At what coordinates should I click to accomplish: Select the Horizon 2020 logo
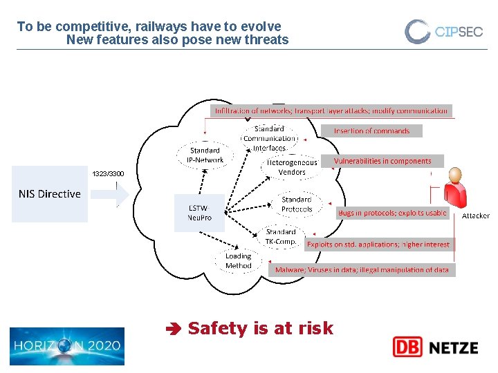[x=67, y=346]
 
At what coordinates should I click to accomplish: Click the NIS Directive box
[x=50, y=194]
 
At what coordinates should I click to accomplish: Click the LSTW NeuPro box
[x=199, y=212]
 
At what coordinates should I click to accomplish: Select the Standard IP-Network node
[x=205, y=155]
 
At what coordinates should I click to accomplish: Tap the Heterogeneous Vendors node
[x=292, y=167]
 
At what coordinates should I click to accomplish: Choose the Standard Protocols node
[x=297, y=204]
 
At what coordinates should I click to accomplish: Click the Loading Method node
[x=238, y=260]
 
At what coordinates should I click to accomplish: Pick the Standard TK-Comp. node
[x=280, y=237]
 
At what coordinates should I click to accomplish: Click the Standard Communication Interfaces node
[x=269, y=138]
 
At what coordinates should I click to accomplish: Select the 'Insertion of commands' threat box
[x=371, y=131]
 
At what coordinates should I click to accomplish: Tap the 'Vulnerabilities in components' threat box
[x=382, y=161]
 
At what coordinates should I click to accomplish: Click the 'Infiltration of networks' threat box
[x=331, y=111]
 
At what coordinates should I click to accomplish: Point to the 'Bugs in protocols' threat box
[x=392, y=213]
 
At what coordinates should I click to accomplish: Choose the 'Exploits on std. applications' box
[x=378, y=244]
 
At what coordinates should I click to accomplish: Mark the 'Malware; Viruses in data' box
[x=362, y=270]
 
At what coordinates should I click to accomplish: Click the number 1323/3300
[x=109, y=173]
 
